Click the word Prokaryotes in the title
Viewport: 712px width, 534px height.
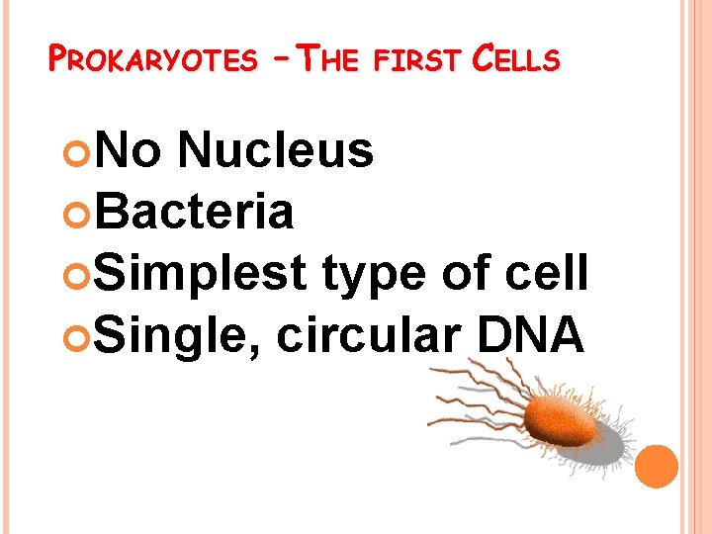151,60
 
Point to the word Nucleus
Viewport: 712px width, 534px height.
276,151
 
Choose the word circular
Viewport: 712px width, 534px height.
365,333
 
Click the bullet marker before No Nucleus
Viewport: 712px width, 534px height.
85,152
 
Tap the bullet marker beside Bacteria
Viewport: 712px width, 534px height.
85,212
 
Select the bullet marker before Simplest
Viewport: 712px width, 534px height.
85,273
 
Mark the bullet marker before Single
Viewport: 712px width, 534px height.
85,334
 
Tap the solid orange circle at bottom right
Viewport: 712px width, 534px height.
657,466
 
